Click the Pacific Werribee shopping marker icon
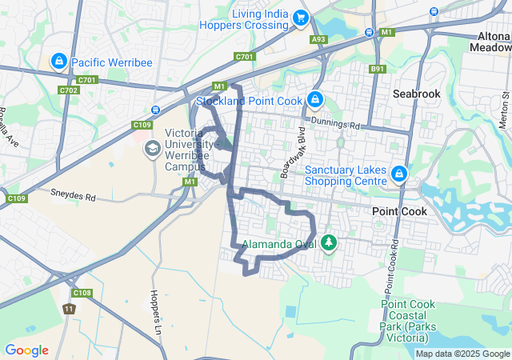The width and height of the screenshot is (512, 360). (x=59, y=61)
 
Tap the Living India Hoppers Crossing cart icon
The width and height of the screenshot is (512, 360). (x=301, y=18)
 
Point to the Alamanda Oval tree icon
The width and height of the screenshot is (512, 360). (x=328, y=242)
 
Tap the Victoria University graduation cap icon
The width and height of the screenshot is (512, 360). (x=152, y=149)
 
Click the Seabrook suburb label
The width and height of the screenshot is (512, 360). (x=416, y=94)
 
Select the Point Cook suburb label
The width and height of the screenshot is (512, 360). (x=399, y=210)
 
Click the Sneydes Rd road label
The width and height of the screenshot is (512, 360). (x=73, y=194)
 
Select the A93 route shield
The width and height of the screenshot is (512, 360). (x=319, y=38)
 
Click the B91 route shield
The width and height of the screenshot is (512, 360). (x=378, y=70)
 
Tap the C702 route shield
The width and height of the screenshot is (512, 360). (x=69, y=90)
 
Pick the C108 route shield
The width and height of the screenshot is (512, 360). (x=86, y=292)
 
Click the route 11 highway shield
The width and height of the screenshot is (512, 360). (x=69, y=308)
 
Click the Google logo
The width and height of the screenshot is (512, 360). (x=26, y=350)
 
